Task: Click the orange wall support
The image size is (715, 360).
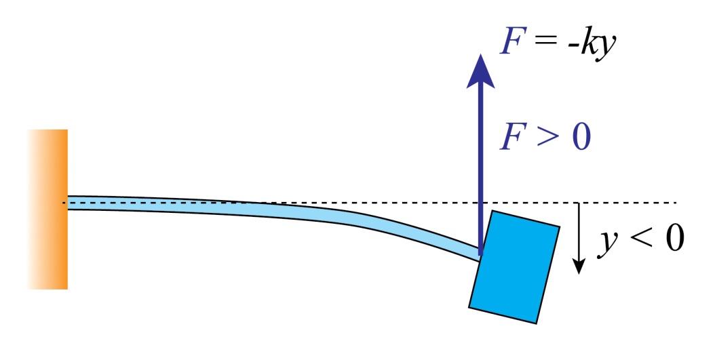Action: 52,209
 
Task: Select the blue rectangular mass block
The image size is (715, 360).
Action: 515,266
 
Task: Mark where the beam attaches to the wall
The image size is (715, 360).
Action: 69,203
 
